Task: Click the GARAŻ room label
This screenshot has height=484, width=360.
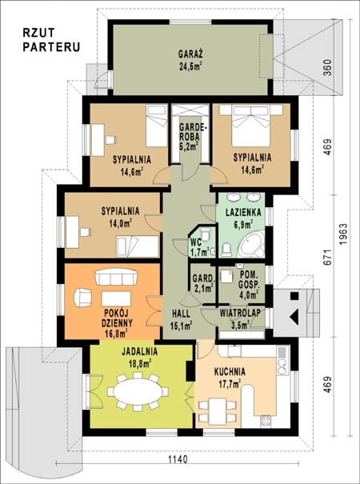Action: point(190,54)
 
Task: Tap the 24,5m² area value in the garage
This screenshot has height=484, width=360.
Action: point(190,66)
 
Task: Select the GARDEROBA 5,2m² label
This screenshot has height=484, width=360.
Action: point(190,137)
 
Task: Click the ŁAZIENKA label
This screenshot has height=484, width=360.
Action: point(243,212)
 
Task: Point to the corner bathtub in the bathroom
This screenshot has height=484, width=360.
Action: point(252,245)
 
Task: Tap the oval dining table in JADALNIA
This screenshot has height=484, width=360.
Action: point(138,390)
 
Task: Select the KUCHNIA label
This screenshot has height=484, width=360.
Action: point(230,372)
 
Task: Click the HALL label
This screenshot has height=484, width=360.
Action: point(181,314)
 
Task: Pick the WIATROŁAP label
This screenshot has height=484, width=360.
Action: point(240,313)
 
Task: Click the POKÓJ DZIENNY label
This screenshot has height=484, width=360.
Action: point(117,318)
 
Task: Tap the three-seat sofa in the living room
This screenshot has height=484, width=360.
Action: point(116,277)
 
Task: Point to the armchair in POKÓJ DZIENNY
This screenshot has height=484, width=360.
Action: point(82,298)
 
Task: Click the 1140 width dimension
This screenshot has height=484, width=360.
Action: point(178,459)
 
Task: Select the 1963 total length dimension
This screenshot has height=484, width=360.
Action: point(343,234)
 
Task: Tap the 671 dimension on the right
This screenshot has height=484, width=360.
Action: point(328,256)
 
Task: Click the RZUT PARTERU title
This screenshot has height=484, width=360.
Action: point(51,40)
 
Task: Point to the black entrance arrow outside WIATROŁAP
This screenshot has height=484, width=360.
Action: point(294,316)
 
